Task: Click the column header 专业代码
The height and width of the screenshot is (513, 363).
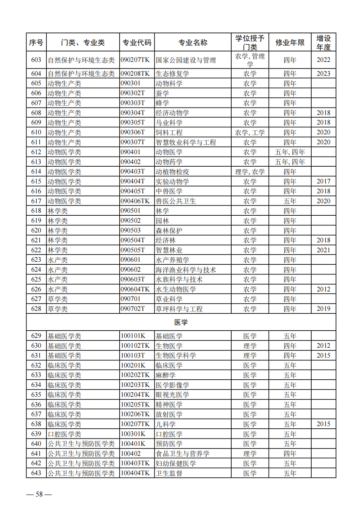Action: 137,42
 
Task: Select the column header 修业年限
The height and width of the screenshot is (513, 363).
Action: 290,42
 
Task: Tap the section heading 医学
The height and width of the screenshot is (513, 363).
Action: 181,322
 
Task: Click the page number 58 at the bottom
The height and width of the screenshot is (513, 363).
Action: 39,494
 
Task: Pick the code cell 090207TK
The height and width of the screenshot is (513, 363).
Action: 135,60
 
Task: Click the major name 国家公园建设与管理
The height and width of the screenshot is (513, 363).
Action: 186,60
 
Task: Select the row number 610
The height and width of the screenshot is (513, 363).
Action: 36,132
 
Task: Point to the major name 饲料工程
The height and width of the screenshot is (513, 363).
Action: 169,132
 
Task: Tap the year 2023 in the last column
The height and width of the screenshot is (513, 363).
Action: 323,74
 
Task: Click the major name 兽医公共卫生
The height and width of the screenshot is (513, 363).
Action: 176,201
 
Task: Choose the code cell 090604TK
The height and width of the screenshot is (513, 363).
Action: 135,289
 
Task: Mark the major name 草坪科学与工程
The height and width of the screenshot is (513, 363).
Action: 179,309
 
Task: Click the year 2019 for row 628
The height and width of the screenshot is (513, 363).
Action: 323,309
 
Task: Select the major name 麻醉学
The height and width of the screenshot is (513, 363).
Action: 166,375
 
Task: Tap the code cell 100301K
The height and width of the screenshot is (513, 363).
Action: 133,434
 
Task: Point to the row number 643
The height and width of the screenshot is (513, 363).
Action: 36,473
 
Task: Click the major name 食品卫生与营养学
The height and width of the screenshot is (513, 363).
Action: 183,454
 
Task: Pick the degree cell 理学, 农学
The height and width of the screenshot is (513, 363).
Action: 250,172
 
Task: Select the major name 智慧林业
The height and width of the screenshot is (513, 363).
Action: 169,250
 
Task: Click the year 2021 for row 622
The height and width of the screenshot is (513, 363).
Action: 323,250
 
